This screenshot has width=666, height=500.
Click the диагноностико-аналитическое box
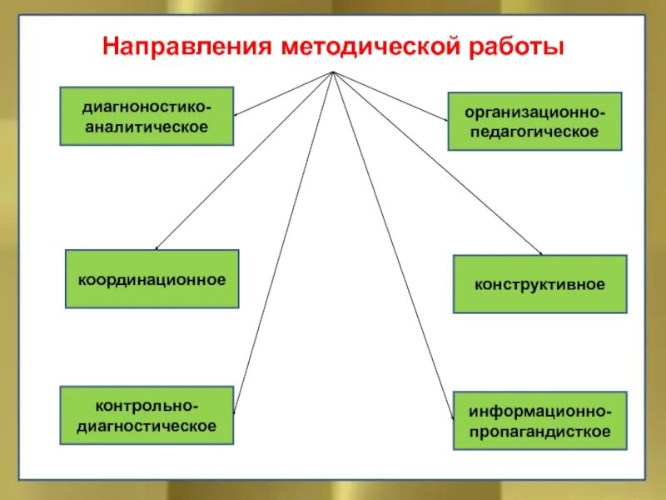click(147, 117)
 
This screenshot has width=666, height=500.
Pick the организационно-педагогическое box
click(534, 122)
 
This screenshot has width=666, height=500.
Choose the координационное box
click(152, 279)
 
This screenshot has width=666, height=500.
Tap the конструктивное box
click(539, 284)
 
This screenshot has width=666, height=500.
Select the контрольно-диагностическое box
click(147, 415)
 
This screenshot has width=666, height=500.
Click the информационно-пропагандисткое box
click(539, 422)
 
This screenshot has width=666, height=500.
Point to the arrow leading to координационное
click(241, 162)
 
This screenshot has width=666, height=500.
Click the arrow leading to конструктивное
click(437, 163)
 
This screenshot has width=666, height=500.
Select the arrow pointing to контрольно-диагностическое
click(283, 242)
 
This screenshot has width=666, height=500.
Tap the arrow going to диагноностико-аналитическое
click(283, 93)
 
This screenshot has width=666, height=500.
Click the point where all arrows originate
click(333, 72)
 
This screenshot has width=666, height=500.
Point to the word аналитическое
click(147, 127)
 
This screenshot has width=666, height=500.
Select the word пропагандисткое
click(539, 432)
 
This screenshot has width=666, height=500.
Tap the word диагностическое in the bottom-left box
click(147, 425)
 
